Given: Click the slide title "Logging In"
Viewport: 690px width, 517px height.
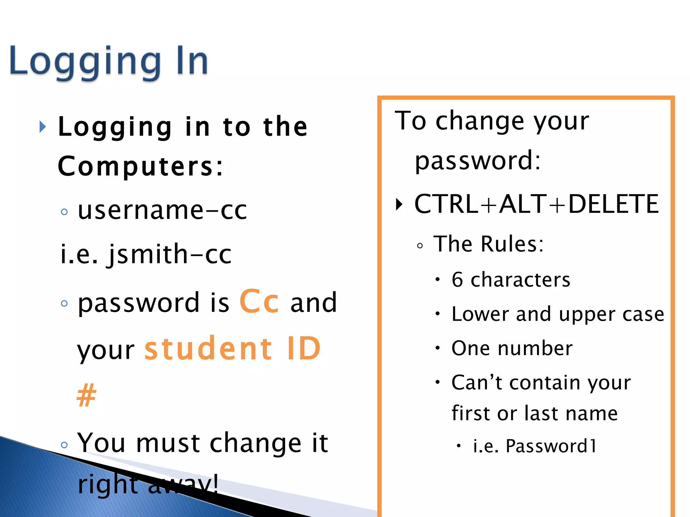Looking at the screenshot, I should pyautogui.click(x=108, y=62).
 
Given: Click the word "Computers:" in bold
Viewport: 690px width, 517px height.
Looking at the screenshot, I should pyautogui.click(x=140, y=166).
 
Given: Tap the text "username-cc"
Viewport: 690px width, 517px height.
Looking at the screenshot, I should pyautogui.click(x=162, y=210).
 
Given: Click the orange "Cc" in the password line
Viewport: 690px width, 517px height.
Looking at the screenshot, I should pyautogui.click(x=259, y=302).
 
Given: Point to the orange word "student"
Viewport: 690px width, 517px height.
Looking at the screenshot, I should pyautogui.click(x=209, y=349).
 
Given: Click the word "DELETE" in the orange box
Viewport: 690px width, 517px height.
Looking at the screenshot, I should pyautogui.click(x=613, y=204).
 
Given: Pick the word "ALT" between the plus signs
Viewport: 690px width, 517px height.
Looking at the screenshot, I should pyautogui.click(x=523, y=204).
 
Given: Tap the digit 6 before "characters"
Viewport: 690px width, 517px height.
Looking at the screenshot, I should pyautogui.click(x=457, y=279).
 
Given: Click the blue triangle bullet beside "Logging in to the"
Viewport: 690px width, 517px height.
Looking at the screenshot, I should pyautogui.click(x=42, y=127).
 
